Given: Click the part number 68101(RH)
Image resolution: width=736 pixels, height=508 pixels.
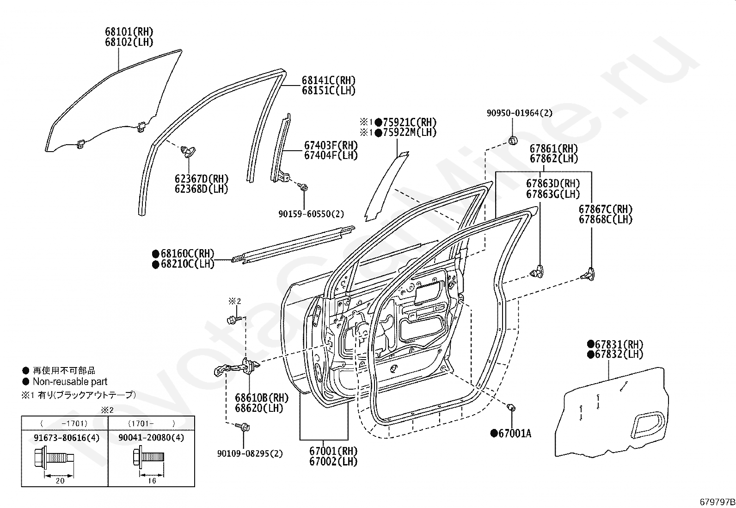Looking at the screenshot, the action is pos(129,32).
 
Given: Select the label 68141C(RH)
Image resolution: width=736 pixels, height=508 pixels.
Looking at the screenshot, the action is pos(329,80).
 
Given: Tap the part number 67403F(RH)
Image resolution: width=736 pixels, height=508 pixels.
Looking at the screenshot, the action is pos(331,145).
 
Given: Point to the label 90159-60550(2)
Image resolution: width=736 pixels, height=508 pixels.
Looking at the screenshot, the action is pos(311,214).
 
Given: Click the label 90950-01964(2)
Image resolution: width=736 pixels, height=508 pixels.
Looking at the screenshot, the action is pos(520,113).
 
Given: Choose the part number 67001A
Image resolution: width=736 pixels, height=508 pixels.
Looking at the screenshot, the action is pos(511,434).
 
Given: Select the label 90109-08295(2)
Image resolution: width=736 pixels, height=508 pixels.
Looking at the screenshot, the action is pos(250,453).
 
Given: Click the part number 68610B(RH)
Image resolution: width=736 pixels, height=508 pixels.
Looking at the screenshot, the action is pos(262,398).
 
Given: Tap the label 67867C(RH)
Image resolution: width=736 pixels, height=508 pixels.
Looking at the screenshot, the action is pos(606,209).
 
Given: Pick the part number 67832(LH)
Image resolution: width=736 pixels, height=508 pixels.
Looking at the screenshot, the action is pos(615,354).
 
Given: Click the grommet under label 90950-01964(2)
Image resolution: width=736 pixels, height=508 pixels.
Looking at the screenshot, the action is pos(513,141).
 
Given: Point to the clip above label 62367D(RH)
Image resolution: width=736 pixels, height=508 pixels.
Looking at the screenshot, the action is pos(188,152).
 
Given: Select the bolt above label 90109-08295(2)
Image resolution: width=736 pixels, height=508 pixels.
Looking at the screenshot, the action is pos(243,427).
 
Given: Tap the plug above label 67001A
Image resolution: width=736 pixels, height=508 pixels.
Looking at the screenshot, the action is pos(512,408).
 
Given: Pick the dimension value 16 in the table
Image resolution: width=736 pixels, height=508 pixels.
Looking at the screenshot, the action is pos(152,481).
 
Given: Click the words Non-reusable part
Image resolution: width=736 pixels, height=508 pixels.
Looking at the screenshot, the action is pos(70,381).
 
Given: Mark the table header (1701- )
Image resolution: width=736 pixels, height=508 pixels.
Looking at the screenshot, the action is pos(152,423).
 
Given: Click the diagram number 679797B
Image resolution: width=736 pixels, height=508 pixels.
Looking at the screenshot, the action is pos(717,502).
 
